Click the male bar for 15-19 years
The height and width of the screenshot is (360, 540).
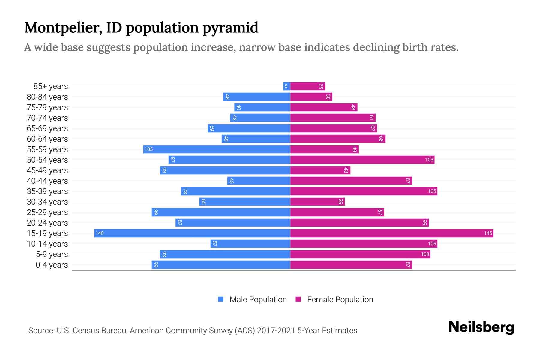coord(192,233)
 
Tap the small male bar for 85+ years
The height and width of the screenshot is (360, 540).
coord(286,86)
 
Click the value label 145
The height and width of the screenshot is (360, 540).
coord(488,233)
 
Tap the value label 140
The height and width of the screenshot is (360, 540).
coord(100,233)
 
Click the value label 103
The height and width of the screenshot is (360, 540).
coord(429,160)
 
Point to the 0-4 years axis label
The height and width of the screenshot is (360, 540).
coord(52,265)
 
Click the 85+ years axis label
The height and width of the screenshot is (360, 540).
coord(50,86)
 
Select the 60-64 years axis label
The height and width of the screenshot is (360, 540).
coord(47,139)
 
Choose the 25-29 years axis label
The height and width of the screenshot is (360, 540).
coord(47,212)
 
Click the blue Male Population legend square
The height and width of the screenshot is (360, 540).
coord(221,299)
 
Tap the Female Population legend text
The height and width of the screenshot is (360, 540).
coord(340,299)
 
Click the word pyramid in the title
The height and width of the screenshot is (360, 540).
coord(230,28)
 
